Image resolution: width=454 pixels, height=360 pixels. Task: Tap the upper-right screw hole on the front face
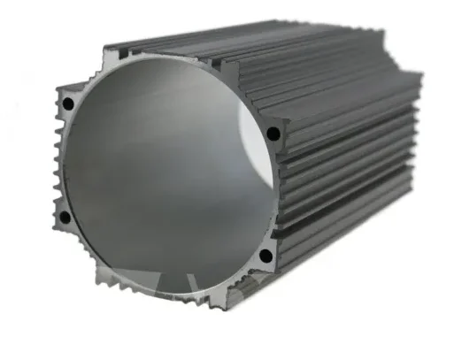point(273,134)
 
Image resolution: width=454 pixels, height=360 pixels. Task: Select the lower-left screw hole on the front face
point(64,217)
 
